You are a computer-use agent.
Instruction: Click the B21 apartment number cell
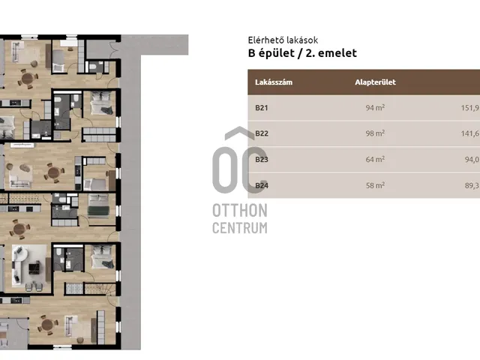[262, 108]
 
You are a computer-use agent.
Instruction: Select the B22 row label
[262, 133]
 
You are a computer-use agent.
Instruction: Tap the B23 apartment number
[262, 160]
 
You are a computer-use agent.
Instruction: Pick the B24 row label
[262, 185]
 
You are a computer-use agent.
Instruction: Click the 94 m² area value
[375, 108]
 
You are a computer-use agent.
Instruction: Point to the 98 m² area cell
[375, 133]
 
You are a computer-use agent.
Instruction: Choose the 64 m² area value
[375, 160]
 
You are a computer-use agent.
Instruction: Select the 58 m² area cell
[375, 185]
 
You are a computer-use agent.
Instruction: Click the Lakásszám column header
[274, 82]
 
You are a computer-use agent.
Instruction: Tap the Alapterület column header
[375, 82]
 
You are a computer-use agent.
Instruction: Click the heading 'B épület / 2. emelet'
[302, 53]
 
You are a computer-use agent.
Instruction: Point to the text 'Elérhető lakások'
[283, 40]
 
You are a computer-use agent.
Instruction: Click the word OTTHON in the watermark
[240, 211]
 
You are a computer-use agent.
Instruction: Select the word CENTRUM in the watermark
[240, 228]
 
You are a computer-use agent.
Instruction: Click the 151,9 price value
[470, 108]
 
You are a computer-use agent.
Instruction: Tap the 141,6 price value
[470, 133]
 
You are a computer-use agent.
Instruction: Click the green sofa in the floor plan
[98, 211]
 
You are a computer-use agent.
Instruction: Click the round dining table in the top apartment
[28, 79]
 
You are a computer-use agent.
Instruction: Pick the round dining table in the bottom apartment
[47, 325]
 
